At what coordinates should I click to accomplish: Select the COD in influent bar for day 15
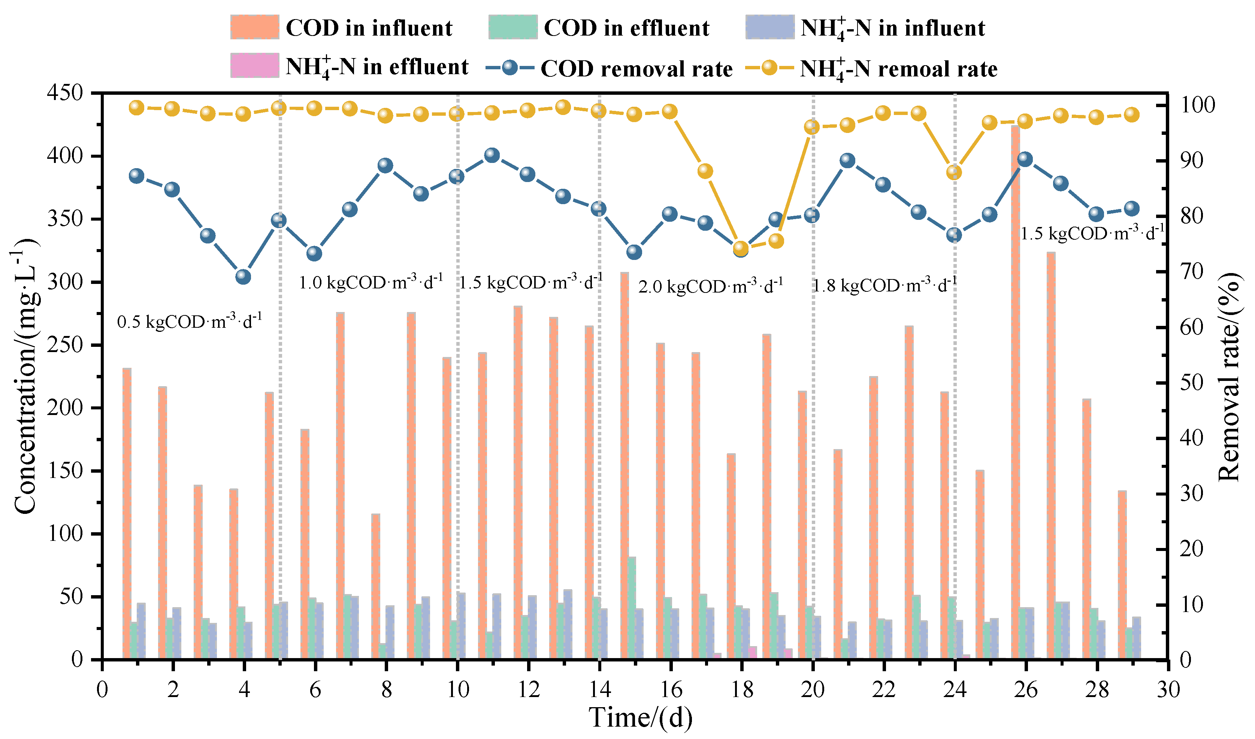pyautogui.click(x=625, y=466)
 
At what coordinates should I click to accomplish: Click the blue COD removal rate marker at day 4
pyautogui.click(x=243, y=276)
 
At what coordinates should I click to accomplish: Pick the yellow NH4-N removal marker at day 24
pyautogui.click(x=954, y=172)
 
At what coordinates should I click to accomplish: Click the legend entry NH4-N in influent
pyautogui.click(x=865, y=27)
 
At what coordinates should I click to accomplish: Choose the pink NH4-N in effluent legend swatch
pyautogui.click(x=254, y=65)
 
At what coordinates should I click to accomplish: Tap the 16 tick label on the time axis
pyautogui.click(x=671, y=690)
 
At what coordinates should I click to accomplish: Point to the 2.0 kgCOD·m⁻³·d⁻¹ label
pyautogui.click(x=711, y=285)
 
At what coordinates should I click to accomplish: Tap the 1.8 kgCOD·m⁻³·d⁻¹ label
pyautogui.click(x=884, y=284)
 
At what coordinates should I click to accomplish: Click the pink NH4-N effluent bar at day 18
pyautogui.click(x=753, y=653)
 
